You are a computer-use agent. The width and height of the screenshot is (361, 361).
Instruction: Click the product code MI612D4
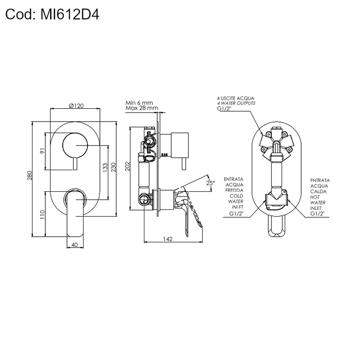pyautogui.click(x=70, y=15)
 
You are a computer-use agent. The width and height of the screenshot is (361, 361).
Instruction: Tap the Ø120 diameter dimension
pyautogui.click(x=76, y=106)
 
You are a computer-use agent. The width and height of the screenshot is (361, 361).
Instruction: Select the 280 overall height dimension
pyautogui.click(x=29, y=175)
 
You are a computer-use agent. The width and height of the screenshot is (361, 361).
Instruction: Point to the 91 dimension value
pyautogui.click(x=42, y=151)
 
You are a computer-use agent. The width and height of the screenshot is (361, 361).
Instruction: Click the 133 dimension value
pyautogui.click(x=105, y=168)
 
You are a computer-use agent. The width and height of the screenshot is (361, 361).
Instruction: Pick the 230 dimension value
pyautogui.click(x=113, y=168)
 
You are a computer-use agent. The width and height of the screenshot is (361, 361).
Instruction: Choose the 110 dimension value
pyautogui.click(x=42, y=215)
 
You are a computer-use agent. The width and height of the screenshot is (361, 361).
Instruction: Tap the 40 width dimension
pyautogui.click(x=75, y=245)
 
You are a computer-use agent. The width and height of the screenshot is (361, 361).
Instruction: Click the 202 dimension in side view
pyautogui.click(x=127, y=167)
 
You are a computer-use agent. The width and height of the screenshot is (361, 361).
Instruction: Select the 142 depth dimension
pyautogui.click(x=168, y=239)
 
